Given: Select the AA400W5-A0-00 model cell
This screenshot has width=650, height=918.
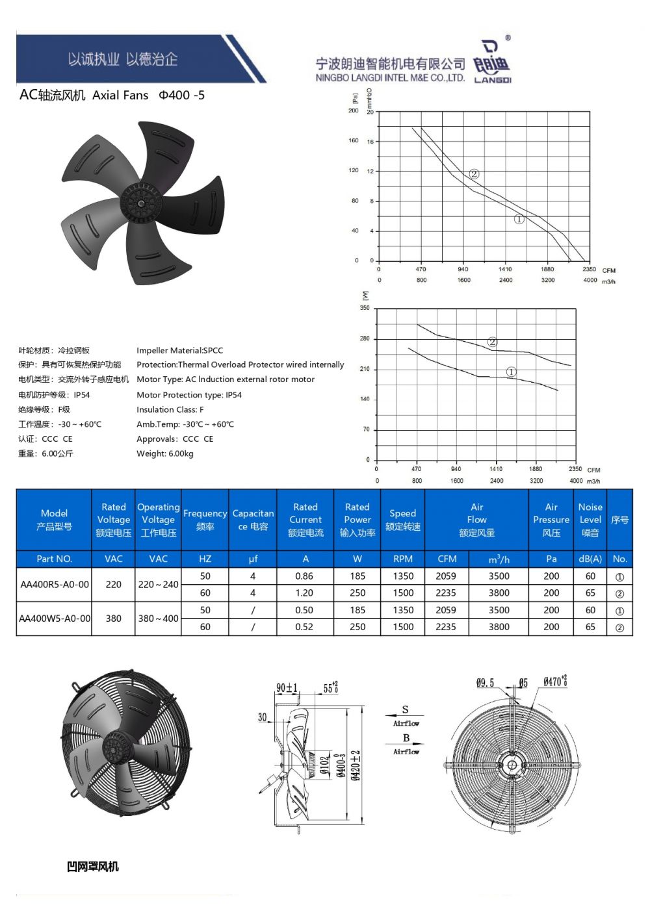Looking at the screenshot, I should (55, 618).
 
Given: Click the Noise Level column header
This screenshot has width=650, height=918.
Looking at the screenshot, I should (590, 520).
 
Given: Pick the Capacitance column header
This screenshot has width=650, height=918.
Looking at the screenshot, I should (253, 520).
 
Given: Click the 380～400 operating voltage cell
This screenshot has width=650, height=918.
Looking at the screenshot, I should (158, 618).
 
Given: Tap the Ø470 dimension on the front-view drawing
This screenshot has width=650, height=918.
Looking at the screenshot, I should (554, 682).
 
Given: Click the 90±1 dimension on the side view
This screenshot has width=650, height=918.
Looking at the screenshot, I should (287, 688).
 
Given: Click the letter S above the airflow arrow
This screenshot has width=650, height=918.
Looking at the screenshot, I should (406, 710).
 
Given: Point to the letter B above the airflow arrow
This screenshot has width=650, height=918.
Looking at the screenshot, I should (406, 738).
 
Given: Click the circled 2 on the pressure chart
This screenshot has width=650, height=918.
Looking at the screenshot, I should (474, 174).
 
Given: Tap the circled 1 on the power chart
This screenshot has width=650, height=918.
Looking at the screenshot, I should (512, 372).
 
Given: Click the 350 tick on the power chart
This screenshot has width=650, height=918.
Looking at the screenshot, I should (365, 308).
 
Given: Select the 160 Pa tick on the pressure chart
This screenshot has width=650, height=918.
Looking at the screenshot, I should (354, 141).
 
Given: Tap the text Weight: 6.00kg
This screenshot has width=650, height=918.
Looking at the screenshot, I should (165, 453).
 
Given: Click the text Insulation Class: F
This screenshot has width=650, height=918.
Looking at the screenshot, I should (170, 409).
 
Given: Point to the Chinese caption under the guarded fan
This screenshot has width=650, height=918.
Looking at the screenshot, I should (93, 867).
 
